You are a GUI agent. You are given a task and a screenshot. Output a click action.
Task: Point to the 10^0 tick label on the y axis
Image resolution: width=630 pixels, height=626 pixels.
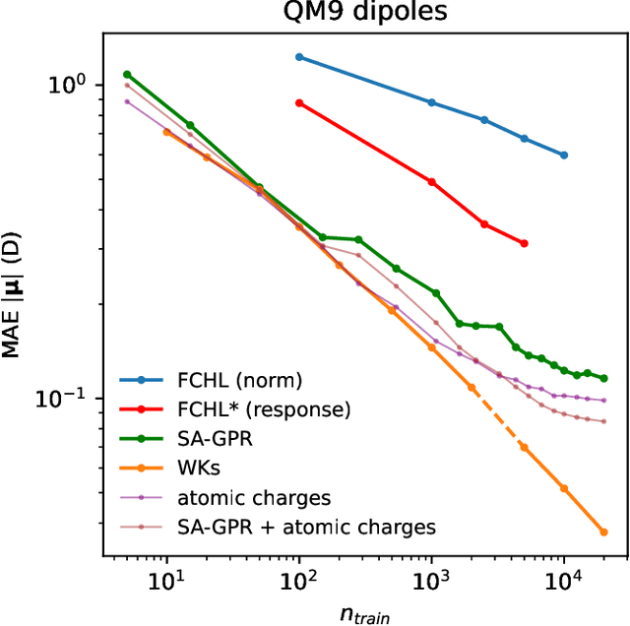(70, 85)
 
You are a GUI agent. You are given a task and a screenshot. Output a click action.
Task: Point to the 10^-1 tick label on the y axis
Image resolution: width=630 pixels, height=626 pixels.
(66, 399)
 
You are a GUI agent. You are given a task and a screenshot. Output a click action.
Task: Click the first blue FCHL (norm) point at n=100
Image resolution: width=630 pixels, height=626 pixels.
(299, 57)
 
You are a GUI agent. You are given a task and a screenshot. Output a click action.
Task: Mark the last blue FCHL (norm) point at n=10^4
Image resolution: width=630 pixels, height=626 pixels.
(564, 156)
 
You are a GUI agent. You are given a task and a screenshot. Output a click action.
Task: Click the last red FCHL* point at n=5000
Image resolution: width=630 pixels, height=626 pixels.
(525, 243)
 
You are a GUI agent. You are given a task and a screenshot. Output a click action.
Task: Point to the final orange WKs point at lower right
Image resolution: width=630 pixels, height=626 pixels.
(603, 532)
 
